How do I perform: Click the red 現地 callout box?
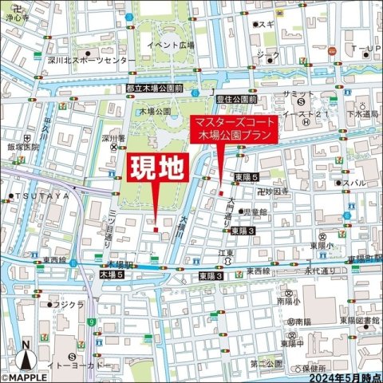pyautogui.click(x=157, y=169)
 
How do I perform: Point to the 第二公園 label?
pyautogui.click(x=266, y=363)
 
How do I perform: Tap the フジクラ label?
pyautogui.click(x=70, y=305)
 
